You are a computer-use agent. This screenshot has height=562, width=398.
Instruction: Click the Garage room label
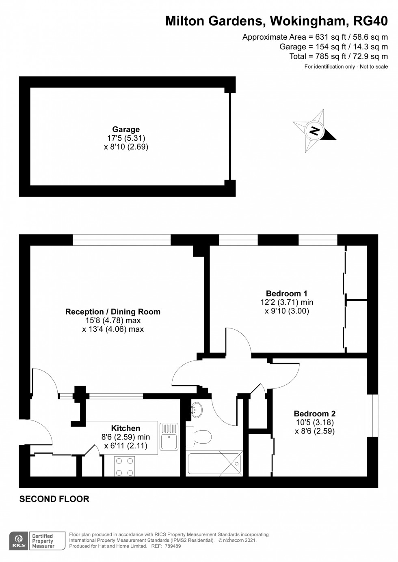point(126,129)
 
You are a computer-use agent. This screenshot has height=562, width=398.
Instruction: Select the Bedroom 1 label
point(286,294)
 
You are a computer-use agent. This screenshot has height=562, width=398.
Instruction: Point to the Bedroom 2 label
point(315,414)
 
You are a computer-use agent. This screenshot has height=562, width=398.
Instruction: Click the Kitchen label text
point(125,428)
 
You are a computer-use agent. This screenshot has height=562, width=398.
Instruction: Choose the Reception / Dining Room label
point(113,312)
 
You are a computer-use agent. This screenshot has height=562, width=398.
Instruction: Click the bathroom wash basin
point(197,409)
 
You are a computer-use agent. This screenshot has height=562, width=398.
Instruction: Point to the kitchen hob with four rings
point(125,466)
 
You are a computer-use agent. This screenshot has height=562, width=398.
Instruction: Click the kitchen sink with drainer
point(169,437)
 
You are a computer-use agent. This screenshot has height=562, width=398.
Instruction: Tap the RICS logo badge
point(18,541)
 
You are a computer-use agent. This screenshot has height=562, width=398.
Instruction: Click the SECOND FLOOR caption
point(54,499)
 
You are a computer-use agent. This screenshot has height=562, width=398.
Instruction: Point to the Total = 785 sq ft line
point(338,56)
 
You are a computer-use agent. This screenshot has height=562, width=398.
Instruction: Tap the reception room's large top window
point(121,240)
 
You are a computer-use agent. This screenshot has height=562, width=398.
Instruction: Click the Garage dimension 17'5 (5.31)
point(126,138)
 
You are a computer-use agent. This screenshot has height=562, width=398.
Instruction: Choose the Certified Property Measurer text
point(43,541)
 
